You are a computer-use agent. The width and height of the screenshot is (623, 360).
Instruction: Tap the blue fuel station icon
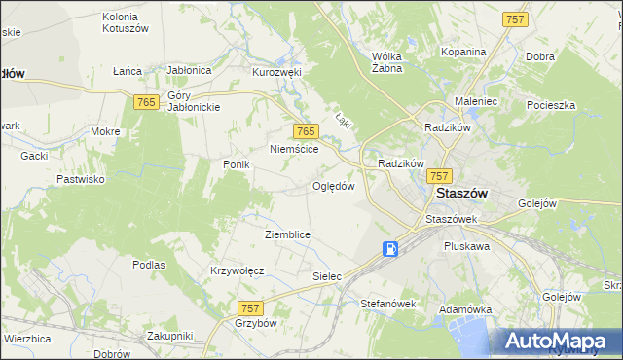pyautogui.click(x=390, y=249)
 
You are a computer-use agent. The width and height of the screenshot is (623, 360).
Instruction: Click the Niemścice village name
pyautogui.click(x=294, y=150)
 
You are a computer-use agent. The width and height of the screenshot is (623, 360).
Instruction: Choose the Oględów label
pyautogui.click(x=332, y=186)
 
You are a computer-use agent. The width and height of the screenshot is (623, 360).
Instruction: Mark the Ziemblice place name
pyautogui.click(x=287, y=235)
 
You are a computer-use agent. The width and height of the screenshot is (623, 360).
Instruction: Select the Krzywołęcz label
pyautogui.click(x=238, y=270)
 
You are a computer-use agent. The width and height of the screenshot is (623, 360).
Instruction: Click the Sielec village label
pyautogui.click(x=327, y=276)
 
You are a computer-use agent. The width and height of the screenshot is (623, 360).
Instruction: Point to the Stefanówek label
pyautogui.click(x=388, y=304)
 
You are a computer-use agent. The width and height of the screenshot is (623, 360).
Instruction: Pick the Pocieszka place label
pyautogui.click(x=552, y=104)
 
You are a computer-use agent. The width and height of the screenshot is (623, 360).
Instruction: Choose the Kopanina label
pyautogui.click(x=462, y=52)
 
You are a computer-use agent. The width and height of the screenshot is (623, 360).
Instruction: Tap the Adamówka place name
pyautogui.click(x=465, y=308)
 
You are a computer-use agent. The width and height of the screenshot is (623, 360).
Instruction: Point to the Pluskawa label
pyautogui.click(x=466, y=247)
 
